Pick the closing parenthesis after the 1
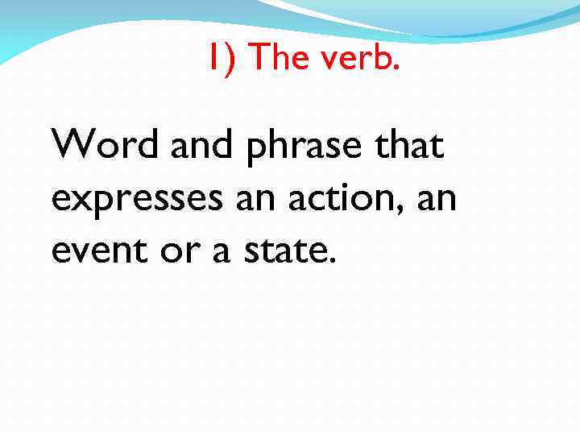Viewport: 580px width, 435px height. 230,58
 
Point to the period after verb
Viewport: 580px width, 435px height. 395,68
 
